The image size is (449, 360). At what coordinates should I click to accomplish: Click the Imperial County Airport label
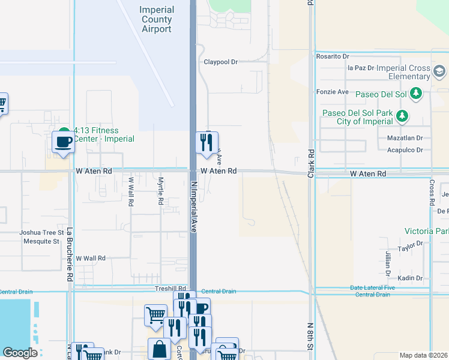(156, 19)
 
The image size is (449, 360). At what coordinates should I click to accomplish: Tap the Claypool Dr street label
(221, 62)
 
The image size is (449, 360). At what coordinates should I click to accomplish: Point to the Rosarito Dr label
(333, 56)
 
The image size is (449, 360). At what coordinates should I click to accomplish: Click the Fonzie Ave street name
(333, 92)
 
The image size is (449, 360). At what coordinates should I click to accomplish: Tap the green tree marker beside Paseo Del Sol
(415, 94)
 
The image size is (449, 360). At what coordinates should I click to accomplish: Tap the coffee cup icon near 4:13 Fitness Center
(63, 143)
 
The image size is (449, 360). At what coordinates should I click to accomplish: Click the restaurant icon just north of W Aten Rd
(206, 143)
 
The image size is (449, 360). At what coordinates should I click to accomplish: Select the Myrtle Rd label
(160, 191)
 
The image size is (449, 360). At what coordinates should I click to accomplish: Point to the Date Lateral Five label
(373, 288)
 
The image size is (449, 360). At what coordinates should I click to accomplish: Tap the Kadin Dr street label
(411, 278)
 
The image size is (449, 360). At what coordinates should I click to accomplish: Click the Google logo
(20, 353)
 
